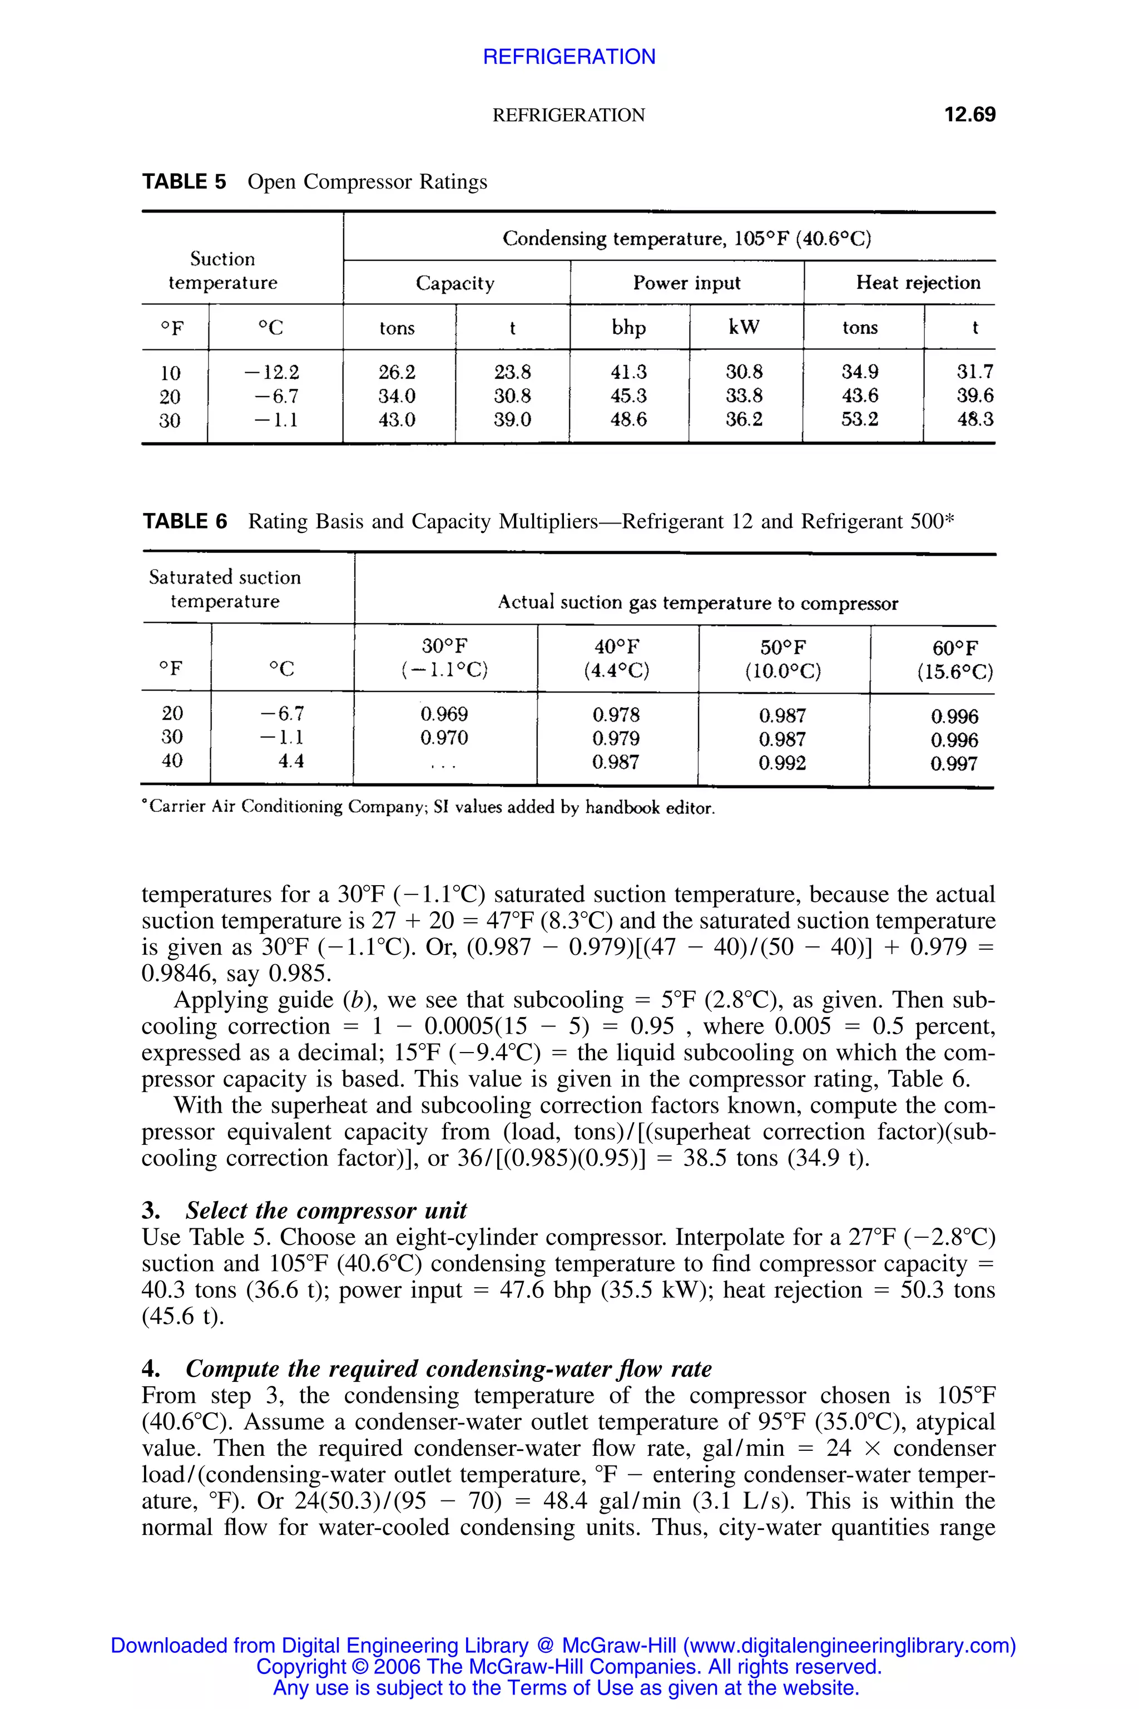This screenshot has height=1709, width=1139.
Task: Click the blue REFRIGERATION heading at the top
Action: [569, 57]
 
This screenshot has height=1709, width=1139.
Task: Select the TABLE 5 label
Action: [184, 182]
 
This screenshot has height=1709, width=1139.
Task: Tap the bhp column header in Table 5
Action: [628, 328]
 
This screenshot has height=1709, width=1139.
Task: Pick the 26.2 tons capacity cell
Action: [397, 372]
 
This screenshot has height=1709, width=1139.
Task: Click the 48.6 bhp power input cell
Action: [628, 419]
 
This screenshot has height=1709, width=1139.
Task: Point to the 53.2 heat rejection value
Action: [859, 419]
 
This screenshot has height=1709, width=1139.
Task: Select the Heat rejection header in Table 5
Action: [918, 283]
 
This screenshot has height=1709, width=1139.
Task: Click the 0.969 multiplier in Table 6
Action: [444, 714]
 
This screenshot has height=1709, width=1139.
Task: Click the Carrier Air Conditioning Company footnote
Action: [429, 807]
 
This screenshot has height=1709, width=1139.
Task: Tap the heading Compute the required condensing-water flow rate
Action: [448, 1369]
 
